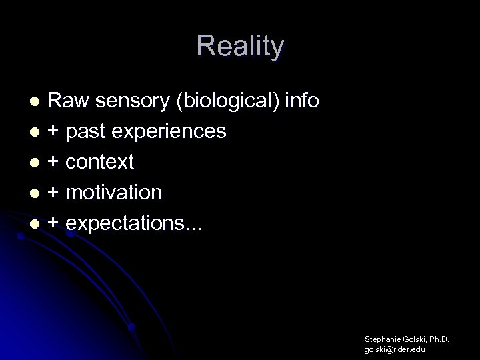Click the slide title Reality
tap(240, 46)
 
